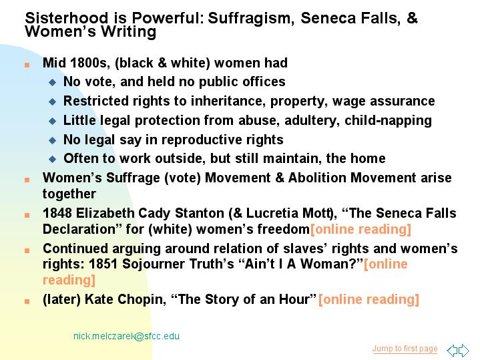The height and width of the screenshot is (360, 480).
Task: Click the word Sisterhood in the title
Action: tap(67, 18)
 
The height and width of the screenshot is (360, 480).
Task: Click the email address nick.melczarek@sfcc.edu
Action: tap(126, 336)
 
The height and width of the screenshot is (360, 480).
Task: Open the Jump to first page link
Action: tap(405, 349)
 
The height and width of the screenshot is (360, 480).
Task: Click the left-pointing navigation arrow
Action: tap(452, 350)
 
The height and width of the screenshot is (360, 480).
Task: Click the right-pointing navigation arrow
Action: tap(464, 350)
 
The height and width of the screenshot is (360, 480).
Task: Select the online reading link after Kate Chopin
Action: tap(369, 299)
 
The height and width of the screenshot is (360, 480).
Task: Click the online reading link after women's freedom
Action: tap(361, 229)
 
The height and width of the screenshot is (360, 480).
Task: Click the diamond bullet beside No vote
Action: tap(53, 82)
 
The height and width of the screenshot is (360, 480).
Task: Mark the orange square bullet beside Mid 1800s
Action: tap(27, 65)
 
